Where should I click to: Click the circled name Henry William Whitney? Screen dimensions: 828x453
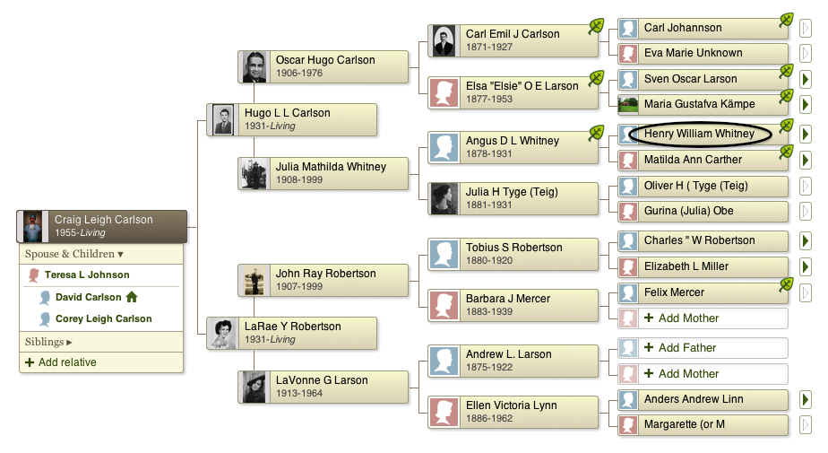pos(699,134)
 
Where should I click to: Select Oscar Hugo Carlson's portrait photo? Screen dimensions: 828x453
pos(254,66)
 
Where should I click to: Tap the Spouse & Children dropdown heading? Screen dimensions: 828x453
pos(73,254)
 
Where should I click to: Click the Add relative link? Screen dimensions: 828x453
pos(61,362)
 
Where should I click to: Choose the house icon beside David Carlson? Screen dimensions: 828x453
pos(132,297)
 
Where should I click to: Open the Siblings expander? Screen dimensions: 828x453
pos(48,342)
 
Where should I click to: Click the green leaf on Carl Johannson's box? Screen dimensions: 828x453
pos(786,21)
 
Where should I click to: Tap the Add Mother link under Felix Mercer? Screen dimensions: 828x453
pos(682,318)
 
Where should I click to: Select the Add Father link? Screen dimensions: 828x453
pos(680,347)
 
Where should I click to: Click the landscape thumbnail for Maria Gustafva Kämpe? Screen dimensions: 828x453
pos(628,104)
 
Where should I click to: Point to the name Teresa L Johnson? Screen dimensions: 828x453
pos(87,274)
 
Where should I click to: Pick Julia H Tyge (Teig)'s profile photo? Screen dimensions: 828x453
pos(444,199)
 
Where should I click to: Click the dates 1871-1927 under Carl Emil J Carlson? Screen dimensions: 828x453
pos(489,47)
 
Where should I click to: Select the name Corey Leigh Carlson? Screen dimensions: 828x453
pos(104,318)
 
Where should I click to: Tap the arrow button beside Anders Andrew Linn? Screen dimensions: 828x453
pos(805,399)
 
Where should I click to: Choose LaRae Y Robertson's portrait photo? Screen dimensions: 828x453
pos(223,334)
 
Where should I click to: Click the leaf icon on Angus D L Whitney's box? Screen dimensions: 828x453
pos(596,133)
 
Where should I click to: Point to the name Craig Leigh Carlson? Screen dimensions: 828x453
pos(104,220)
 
